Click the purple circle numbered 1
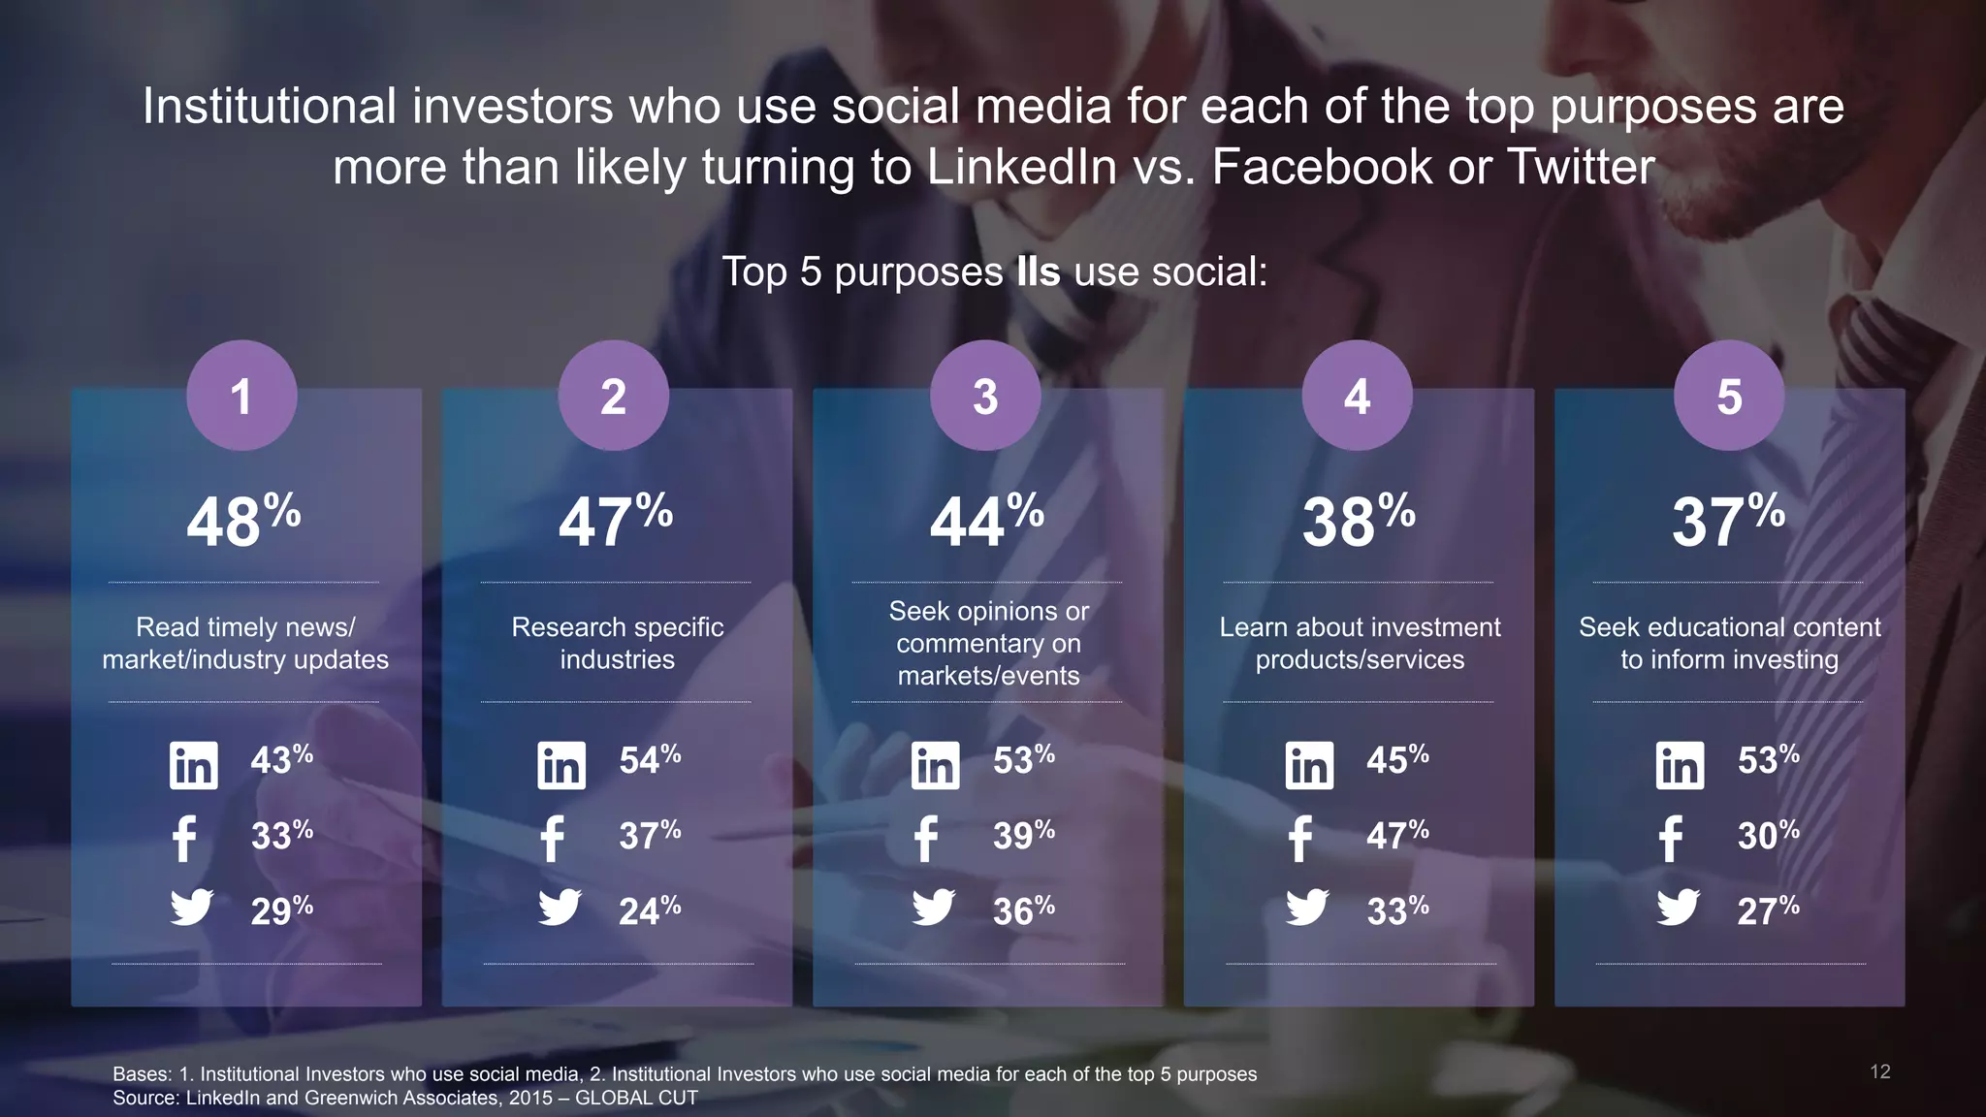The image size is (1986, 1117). [241, 396]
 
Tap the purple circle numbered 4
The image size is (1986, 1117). [1357, 396]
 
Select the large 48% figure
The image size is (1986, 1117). [243, 521]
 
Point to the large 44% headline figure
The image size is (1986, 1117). [986, 521]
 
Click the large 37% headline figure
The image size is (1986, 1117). [1728, 521]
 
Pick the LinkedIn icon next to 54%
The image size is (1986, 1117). [561, 765]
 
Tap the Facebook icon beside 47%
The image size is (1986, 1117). [1300, 839]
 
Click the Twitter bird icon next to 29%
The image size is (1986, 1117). [192, 908]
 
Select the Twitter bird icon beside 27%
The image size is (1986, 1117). [1678, 908]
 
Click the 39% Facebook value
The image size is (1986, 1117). [1023, 835]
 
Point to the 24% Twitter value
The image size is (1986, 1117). [650, 910]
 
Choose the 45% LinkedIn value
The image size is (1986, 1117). [1397, 759]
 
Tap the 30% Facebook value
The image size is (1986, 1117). [1768, 835]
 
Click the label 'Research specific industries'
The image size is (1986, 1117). [618, 643]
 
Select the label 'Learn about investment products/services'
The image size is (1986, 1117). [1360, 643]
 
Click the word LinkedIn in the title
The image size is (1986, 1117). [1022, 167]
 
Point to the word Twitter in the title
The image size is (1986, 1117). [1581, 167]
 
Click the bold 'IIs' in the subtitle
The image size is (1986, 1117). [1038, 271]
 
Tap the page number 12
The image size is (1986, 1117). [1879, 1071]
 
